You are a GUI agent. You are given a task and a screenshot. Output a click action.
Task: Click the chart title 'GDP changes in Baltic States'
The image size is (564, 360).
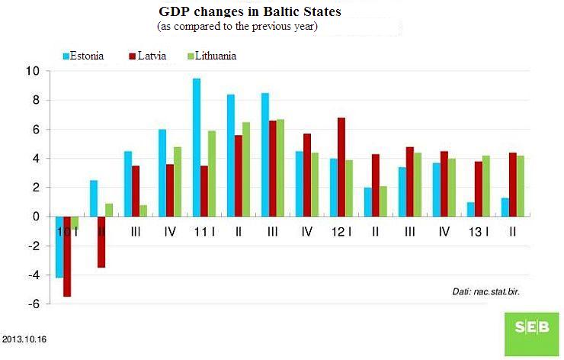point(250,13)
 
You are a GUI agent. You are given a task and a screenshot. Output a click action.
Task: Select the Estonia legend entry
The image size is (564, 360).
point(83,56)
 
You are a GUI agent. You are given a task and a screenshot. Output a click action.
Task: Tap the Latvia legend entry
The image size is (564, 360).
point(151,56)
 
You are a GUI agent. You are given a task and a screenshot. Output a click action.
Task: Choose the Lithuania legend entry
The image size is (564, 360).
point(210,56)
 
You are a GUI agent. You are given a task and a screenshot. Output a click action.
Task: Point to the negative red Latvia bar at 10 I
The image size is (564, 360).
point(67,256)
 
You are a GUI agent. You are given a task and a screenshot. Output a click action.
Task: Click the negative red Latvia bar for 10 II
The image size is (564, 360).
point(101,242)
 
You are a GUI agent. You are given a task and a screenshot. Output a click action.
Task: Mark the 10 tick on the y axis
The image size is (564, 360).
point(32,71)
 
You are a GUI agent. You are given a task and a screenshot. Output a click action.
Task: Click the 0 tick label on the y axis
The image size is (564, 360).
point(36,217)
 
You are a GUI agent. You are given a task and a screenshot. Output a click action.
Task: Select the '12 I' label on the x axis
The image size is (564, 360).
point(341,230)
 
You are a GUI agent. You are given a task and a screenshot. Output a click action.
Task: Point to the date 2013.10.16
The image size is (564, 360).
point(24,337)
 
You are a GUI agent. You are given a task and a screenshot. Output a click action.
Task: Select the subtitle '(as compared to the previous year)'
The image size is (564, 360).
point(237,27)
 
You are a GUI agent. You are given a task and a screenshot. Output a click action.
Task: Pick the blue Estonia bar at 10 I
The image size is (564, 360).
point(59,247)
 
